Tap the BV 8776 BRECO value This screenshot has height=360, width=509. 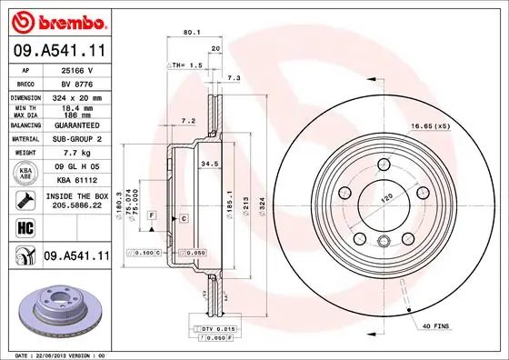coord(72,81)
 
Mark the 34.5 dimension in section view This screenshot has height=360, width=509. coord(208,164)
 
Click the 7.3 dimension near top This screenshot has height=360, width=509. coord(234,79)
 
